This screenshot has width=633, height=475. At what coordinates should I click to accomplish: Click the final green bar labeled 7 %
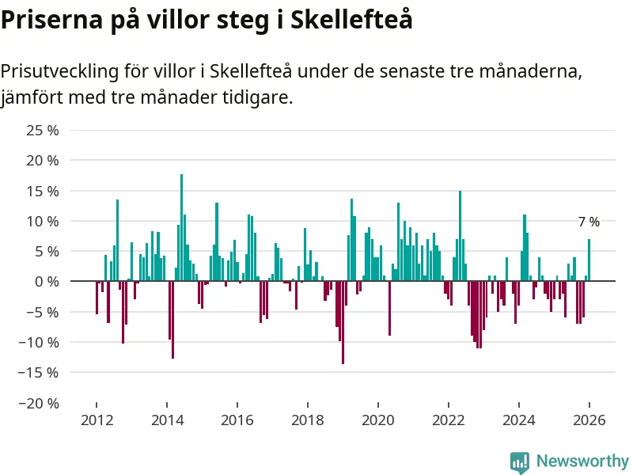click(x=589, y=260)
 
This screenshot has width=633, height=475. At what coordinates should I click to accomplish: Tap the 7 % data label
click(x=589, y=222)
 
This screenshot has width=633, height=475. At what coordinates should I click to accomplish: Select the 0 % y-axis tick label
click(x=47, y=281)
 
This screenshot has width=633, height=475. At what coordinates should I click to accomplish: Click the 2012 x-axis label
click(x=97, y=420)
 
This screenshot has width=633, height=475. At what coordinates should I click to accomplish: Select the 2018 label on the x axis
click(x=307, y=420)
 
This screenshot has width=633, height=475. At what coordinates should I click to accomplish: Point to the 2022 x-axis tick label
click(x=448, y=420)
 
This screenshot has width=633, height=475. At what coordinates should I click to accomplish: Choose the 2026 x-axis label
click(x=589, y=420)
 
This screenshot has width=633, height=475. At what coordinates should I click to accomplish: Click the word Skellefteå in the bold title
click(x=352, y=19)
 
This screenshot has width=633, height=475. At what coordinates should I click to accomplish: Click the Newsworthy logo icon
click(x=520, y=462)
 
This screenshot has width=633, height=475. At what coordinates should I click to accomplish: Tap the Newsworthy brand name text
click(x=582, y=461)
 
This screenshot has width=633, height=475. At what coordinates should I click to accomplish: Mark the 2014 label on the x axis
click(x=167, y=420)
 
